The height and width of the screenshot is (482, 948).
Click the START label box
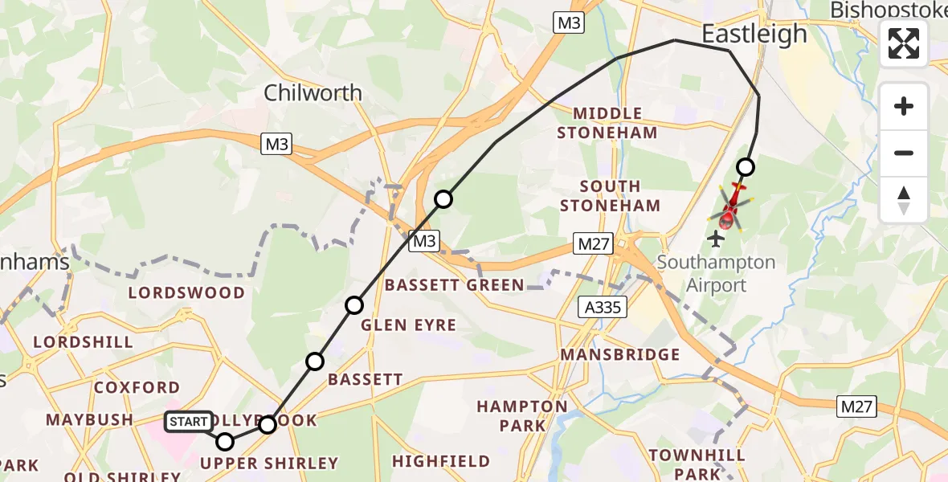(x=189, y=422)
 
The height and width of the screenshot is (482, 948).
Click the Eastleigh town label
(x=754, y=34)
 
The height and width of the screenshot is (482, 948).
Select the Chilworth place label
(x=313, y=93)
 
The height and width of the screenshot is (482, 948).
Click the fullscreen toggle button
(x=904, y=43)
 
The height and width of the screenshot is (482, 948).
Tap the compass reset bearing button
(x=904, y=199)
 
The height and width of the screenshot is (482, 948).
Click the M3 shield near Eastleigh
(x=568, y=22)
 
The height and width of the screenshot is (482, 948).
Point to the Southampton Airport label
(x=705, y=273)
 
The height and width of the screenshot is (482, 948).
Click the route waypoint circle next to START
(x=225, y=441)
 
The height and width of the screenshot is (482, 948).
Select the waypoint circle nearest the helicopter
(x=746, y=167)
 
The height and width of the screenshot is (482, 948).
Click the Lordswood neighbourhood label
(x=186, y=292)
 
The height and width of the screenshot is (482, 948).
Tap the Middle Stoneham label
(x=607, y=123)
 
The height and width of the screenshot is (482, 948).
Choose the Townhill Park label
(x=687, y=464)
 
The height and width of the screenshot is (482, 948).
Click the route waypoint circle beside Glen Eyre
(x=354, y=304)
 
